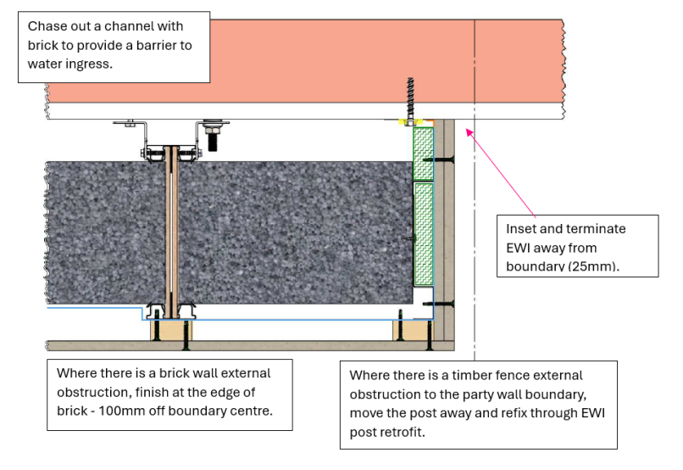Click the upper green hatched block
423,154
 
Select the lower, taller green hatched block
423,232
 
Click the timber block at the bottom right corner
413,329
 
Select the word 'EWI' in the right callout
522,248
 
